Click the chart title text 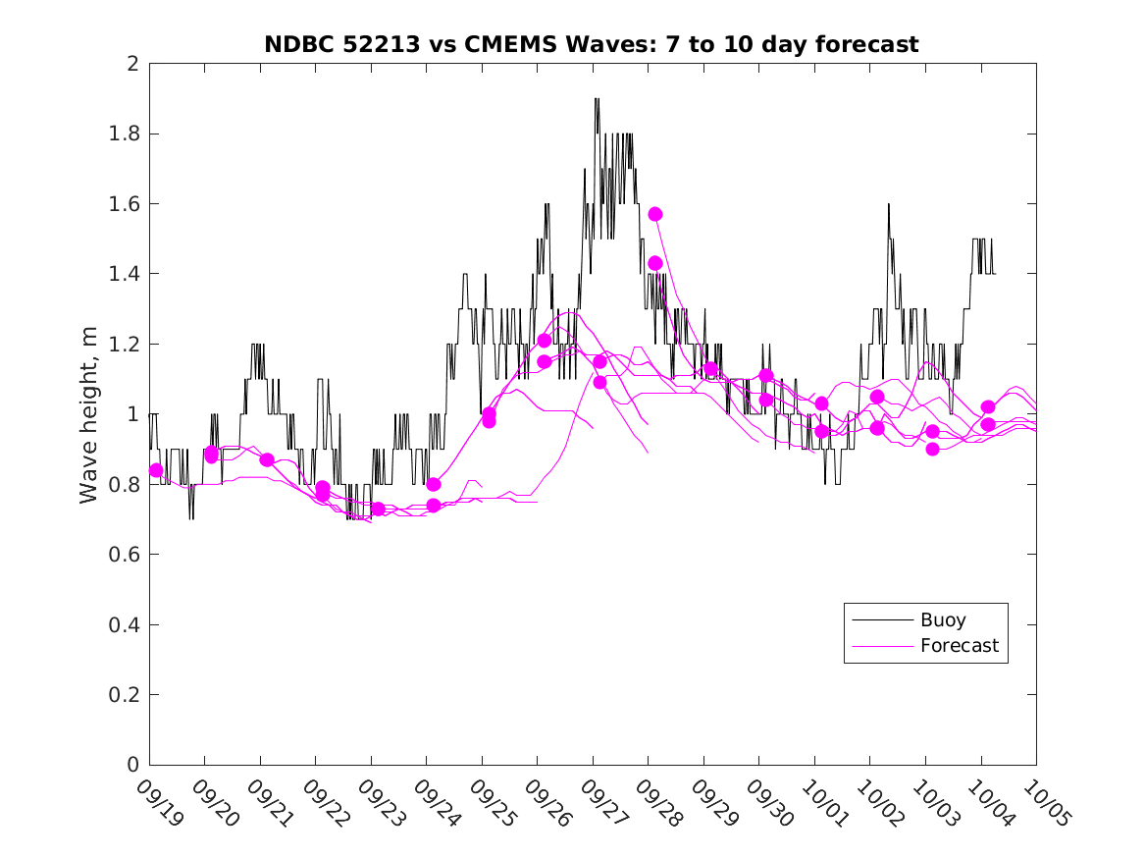592,44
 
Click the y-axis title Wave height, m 89,414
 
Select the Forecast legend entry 959,646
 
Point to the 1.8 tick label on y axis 127,134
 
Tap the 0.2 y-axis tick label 127,695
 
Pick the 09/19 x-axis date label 159,802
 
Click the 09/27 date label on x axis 602,802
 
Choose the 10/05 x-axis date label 1046,802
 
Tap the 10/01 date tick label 824,802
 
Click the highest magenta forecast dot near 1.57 655,214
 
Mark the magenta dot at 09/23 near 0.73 378,509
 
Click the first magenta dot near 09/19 156,470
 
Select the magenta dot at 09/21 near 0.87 267,459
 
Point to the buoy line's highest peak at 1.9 597,99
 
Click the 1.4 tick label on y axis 127,274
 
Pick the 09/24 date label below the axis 436,802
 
